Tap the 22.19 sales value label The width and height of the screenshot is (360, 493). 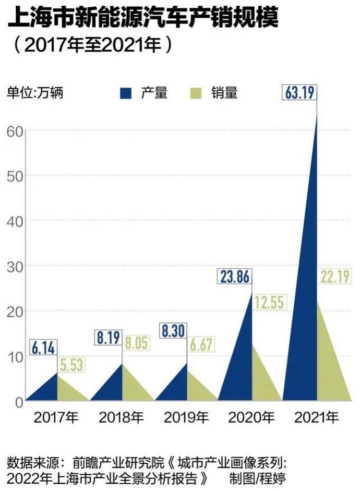[x=334, y=278]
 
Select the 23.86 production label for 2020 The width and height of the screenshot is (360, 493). [x=234, y=276]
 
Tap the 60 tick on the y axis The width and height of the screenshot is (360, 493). [x=15, y=130]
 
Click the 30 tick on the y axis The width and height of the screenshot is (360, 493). [x=15, y=266]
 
